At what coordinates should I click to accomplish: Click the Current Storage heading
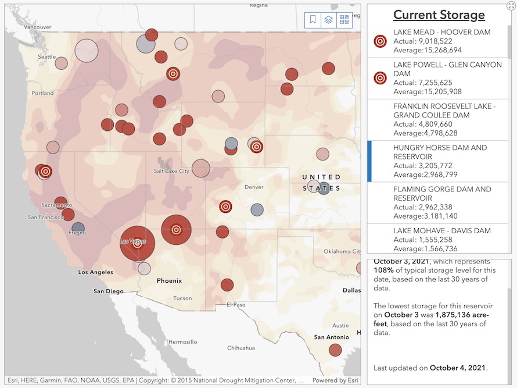(439, 15)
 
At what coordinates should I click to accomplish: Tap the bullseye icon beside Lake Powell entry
(380, 78)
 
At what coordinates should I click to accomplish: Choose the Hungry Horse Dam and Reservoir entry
(440, 161)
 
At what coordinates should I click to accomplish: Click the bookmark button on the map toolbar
(313, 20)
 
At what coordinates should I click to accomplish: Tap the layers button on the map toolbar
(328, 20)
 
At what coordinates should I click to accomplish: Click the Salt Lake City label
(171, 171)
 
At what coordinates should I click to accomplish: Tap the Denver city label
(254, 187)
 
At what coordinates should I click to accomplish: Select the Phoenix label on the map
(169, 280)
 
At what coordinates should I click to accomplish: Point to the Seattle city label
(47, 57)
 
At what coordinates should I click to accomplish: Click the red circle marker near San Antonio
(335, 350)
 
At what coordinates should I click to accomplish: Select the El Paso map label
(236, 304)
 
